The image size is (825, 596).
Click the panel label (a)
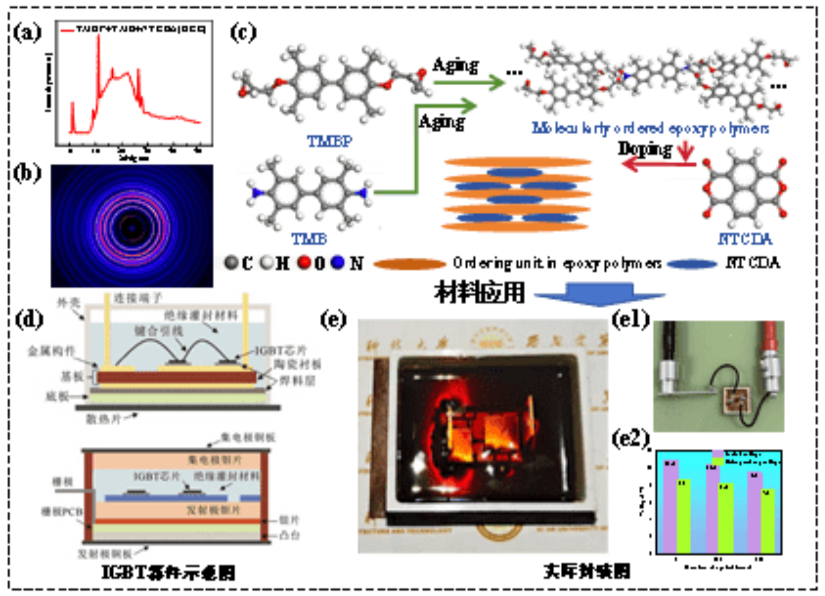(x=27, y=33)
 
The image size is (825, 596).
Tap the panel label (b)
(x=27, y=173)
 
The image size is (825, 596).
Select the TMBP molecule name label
(x=329, y=141)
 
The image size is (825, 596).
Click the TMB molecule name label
(x=309, y=239)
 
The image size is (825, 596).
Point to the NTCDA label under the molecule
(x=745, y=239)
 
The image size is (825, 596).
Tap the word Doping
(x=645, y=149)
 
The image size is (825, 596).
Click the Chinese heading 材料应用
(x=479, y=292)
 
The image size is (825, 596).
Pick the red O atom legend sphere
(x=304, y=262)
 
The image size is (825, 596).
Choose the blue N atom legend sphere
(x=338, y=262)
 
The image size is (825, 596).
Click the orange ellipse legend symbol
(x=409, y=264)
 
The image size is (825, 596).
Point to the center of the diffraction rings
(x=132, y=227)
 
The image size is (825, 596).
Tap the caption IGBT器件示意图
(x=168, y=572)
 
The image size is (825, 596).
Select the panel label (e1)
(x=630, y=319)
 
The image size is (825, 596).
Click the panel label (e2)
(x=630, y=438)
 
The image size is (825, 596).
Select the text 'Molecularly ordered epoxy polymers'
(x=650, y=128)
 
